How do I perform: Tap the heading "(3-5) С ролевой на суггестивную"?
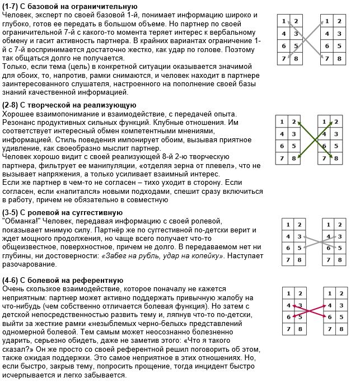(62, 212)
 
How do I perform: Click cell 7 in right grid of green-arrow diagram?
(324, 159)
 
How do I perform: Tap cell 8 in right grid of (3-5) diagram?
(339, 260)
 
